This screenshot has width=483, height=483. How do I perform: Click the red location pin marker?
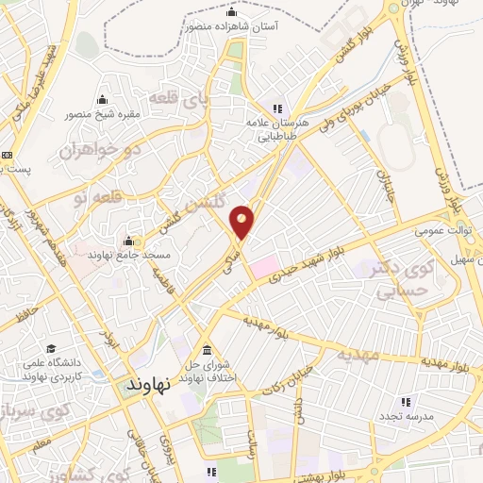pos(242,221)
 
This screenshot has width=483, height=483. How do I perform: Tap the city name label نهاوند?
pos(148,384)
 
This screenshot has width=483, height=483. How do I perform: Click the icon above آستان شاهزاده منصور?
pos(232,12)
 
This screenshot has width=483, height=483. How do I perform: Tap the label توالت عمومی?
pos(445,229)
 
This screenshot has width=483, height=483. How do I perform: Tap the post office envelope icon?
pos(8,156)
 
